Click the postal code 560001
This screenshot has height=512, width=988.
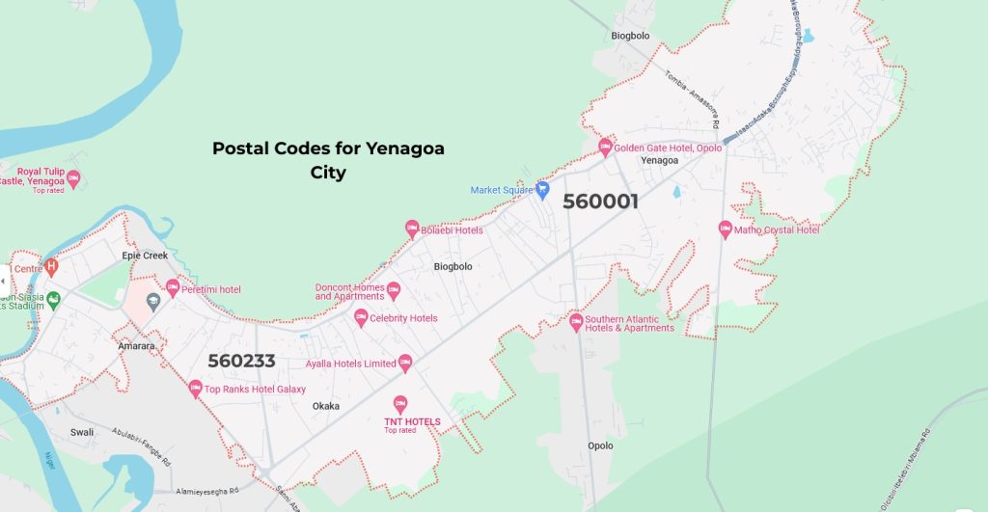point(600,202)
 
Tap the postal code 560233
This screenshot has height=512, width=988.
point(241,362)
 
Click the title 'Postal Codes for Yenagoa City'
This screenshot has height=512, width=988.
point(328,160)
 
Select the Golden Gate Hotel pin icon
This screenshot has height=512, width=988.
point(605,147)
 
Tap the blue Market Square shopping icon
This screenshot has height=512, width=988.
point(542,189)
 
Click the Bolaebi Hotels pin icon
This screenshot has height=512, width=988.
point(410,229)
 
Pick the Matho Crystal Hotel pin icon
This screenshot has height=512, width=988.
point(725,229)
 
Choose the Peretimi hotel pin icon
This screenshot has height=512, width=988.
point(173,287)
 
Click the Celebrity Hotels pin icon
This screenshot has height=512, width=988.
point(361,317)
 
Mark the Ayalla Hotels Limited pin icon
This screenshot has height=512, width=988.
point(405,363)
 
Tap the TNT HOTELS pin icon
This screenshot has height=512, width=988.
point(400,404)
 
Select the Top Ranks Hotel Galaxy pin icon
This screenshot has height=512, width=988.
point(195,389)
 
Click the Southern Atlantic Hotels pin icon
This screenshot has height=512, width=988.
point(576,321)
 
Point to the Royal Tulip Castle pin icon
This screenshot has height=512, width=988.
point(73,178)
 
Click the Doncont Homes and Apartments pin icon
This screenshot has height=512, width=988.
point(393,289)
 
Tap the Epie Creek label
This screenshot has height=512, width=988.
point(145,256)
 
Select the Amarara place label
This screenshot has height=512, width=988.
point(136,344)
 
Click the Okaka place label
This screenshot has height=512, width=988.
point(326,406)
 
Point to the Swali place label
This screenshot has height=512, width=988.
point(82,432)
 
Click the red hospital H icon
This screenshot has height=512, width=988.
point(52,266)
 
